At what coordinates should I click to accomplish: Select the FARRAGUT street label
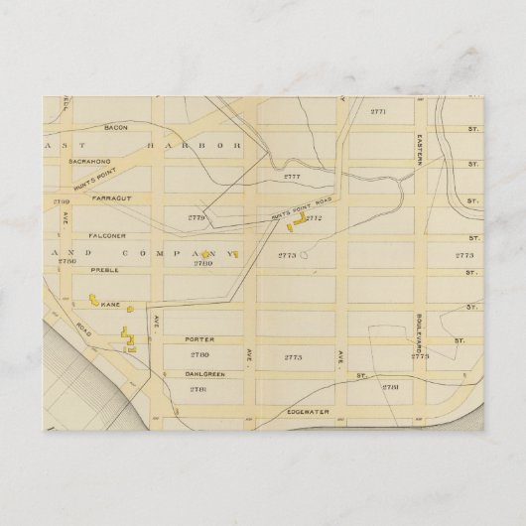pos(103,197)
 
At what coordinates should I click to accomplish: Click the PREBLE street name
pos(102,269)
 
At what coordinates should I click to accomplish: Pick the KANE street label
pos(109,305)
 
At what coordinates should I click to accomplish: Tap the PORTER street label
pos(196,334)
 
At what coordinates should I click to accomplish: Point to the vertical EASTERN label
pos(420,149)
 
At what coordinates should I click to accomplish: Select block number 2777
pos(291,177)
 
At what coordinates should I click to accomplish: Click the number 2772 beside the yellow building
pos(314,217)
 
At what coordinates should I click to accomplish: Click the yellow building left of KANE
pos(94,298)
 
